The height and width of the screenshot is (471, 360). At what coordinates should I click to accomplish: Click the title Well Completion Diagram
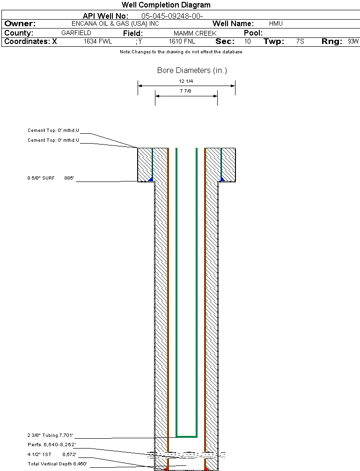click(x=166, y=5)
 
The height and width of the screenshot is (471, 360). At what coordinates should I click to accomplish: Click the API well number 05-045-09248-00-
click(x=172, y=16)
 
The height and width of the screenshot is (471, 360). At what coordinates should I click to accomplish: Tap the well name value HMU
click(x=276, y=23)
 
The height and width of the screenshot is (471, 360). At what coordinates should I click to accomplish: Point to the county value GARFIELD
click(x=76, y=33)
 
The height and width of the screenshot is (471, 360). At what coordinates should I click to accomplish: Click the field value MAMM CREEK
click(x=195, y=34)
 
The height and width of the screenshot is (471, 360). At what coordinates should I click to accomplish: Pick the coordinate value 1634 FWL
click(x=98, y=42)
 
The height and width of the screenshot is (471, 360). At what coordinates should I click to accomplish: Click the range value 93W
click(x=353, y=42)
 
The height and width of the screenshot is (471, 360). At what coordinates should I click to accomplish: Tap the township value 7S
click(x=300, y=42)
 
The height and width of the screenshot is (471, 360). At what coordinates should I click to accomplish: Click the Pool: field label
click(x=253, y=33)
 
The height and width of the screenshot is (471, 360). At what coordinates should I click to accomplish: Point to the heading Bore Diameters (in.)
click(x=192, y=71)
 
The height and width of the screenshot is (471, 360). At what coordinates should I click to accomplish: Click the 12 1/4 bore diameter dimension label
click(x=186, y=81)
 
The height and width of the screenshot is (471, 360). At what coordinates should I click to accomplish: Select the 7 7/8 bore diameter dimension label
click(x=186, y=91)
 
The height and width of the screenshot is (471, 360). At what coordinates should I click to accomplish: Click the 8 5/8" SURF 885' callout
click(x=51, y=178)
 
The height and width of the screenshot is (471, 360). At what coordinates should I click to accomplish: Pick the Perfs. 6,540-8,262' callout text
click(x=51, y=444)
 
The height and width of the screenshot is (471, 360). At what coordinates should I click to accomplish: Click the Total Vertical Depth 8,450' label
click(x=57, y=464)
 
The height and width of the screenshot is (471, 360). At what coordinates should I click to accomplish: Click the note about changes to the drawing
click(x=181, y=52)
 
